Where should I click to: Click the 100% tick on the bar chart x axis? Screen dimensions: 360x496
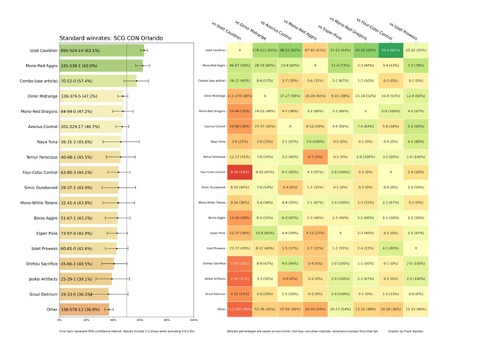click(x=194, y=320)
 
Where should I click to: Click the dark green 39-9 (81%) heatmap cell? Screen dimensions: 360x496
click(x=390, y=50)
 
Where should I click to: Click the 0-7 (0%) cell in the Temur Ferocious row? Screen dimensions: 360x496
click(x=315, y=156)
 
